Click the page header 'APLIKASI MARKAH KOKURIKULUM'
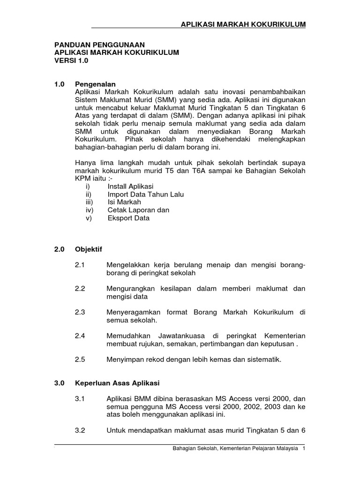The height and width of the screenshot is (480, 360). point(243,24)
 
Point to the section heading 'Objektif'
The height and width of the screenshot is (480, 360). point(88,248)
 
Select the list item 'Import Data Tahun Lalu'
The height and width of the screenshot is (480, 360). point(145,195)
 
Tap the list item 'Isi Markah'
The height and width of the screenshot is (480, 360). point(124,202)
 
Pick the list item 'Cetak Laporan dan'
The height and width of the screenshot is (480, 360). point(138,210)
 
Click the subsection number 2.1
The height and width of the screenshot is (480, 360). point(80,265)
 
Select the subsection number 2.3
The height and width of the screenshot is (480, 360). point(80,312)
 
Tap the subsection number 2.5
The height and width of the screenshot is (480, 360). point(80,360)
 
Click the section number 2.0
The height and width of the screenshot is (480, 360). point(60,248)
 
